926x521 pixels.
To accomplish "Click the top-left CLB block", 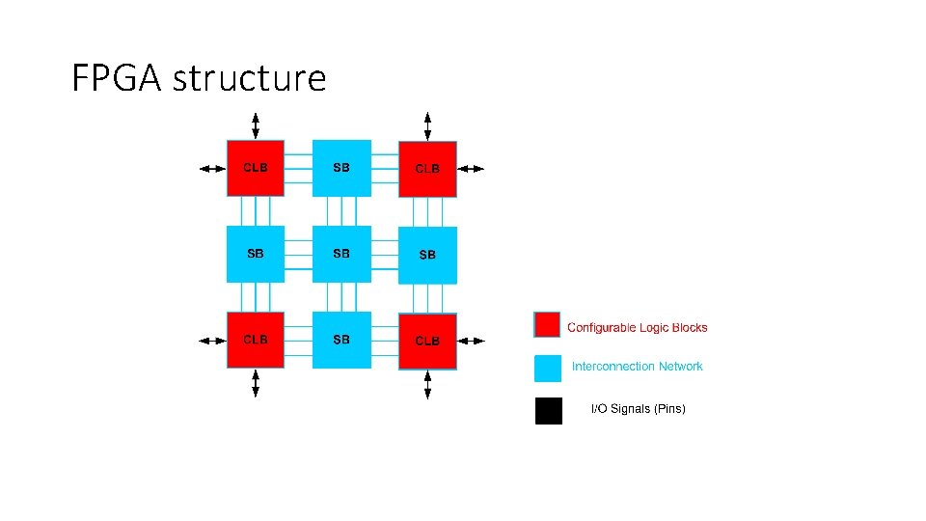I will [256, 168].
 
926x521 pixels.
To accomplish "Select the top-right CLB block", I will [427, 169].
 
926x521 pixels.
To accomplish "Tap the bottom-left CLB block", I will [256, 340].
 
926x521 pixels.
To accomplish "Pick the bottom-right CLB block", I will [427, 341].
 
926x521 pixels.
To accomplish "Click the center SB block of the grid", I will [341, 254].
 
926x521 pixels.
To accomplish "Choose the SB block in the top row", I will [341, 168].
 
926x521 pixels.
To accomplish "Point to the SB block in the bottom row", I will [341, 340].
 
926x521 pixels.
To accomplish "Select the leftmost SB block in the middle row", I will [256, 254].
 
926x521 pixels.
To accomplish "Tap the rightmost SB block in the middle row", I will [427, 255].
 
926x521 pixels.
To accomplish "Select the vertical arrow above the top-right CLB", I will [427, 125].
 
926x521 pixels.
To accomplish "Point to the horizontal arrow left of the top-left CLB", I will [211, 168].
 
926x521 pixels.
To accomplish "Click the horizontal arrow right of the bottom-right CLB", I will [471, 341].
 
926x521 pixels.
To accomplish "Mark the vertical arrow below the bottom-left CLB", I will [256, 383].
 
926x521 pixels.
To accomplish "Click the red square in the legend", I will [548, 324].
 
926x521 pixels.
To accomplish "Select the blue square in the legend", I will [548, 368].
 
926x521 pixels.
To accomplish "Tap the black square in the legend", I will [548, 411].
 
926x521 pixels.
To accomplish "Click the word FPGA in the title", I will [118, 78].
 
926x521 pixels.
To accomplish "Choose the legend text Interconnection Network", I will [638, 367].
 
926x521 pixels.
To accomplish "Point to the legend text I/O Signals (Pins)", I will [638, 409].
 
